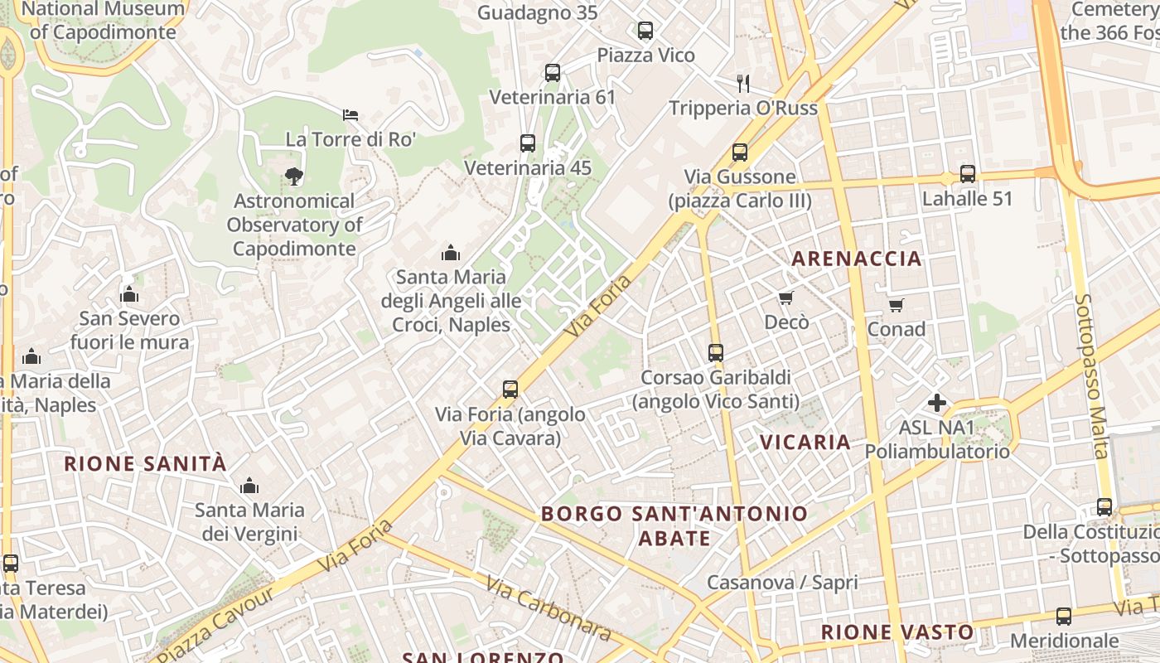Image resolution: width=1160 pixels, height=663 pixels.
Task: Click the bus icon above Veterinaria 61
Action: [x=553, y=73]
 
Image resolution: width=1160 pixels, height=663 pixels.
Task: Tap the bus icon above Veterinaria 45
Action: [x=528, y=143]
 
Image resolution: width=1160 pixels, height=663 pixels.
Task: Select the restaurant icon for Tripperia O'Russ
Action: [x=743, y=83]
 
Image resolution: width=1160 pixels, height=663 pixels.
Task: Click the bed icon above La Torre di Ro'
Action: [x=350, y=114]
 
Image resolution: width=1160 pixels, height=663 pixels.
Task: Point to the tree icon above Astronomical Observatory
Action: [x=293, y=176]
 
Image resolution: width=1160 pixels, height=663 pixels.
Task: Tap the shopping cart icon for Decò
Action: [x=785, y=298]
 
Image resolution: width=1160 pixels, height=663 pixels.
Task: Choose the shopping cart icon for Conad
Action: [x=896, y=305]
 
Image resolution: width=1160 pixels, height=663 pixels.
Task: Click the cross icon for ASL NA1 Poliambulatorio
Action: [x=937, y=403]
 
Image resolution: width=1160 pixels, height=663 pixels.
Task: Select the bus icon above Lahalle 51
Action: [x=968, y=174]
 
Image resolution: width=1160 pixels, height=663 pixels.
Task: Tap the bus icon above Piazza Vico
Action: [x=645, y=31]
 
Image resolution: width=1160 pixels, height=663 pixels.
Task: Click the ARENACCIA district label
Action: [x=857, y=259]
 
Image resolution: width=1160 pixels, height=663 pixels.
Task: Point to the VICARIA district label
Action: [x=805, y=442]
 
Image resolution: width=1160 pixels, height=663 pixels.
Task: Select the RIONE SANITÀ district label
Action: [x=145, y=463]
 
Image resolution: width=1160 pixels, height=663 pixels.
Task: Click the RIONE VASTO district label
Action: [x=897, y=632]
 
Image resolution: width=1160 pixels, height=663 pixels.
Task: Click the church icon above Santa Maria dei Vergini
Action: [x=249, y=486]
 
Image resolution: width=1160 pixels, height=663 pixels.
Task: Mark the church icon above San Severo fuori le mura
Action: [x=129, y=294]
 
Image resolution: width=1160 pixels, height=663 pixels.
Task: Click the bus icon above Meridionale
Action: [x=1064, y=617]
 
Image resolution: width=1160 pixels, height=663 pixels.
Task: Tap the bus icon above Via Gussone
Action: [x=740, y=152]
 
